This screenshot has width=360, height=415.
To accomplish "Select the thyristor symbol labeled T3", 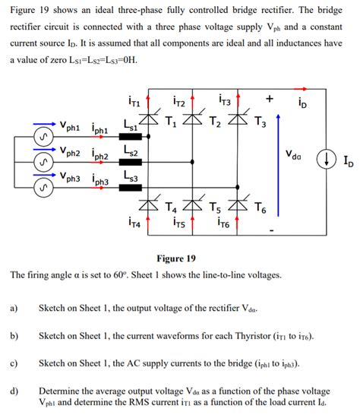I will [x=242, y=119].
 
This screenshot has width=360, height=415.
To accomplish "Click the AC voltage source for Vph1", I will [x=44, y=138].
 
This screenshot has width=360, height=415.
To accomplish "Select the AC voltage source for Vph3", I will [x=44, y=185].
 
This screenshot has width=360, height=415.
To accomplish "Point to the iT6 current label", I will [x=225, y=223].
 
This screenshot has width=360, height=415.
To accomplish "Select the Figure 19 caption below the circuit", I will [x=175, y=258].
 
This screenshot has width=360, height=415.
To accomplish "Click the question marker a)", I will [x=14, y=309].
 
